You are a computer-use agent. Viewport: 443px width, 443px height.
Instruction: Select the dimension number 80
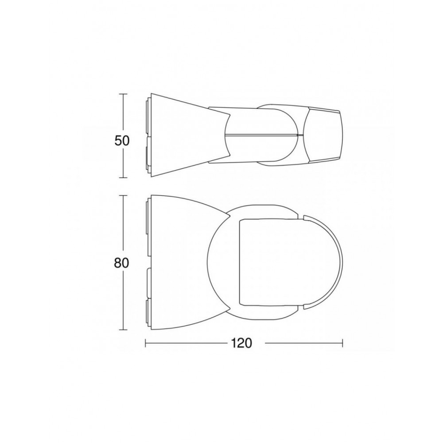coord(121,263)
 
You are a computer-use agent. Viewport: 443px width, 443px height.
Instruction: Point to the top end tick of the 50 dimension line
coord(123,94)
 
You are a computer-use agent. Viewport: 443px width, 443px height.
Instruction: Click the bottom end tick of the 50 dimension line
coord(123,177)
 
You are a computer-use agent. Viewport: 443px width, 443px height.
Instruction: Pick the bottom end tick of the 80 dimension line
coord(123,330)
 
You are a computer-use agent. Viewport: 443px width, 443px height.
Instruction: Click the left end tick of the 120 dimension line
coord(146,343)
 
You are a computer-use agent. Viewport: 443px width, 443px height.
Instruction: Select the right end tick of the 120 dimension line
coord(342,343)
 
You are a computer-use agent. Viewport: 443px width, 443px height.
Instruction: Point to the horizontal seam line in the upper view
coord(264,135)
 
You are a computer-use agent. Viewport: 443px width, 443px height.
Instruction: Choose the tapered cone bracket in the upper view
coord(186,135)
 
